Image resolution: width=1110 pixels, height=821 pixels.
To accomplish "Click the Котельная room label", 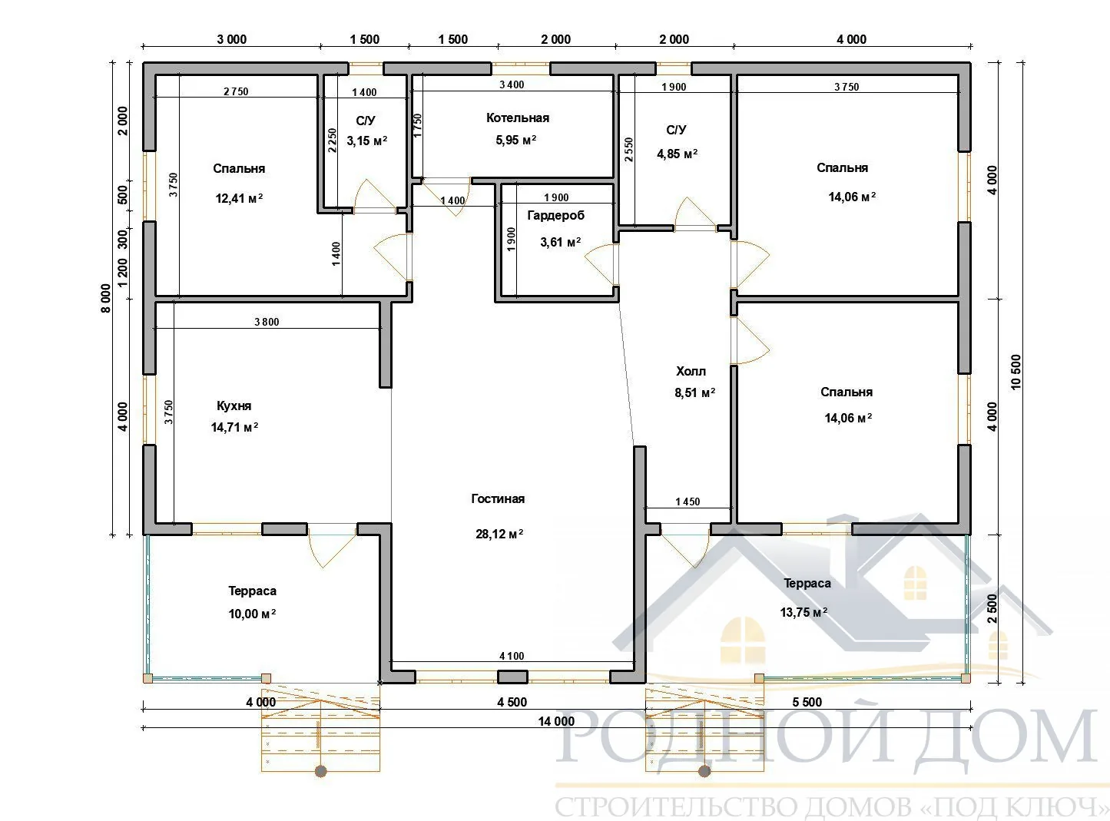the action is pyautogui.click(x=518, y=118).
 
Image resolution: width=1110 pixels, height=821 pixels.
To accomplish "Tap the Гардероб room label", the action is pyautogui.click(x=555, y=216).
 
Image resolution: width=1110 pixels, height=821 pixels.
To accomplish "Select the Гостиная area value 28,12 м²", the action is pyautogui.click(x=499, y=535).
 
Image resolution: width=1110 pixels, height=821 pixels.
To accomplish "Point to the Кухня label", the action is pyautogui.click(x=234, y=406).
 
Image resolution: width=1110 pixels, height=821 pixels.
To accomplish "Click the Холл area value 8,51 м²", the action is pyautogui.click(x=694, y=392).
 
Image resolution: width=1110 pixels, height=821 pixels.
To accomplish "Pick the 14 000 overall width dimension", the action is pyautogui.click(x=556, y=721).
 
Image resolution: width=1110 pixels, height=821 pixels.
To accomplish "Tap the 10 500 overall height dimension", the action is pyautogui.click(x=1016, y=372).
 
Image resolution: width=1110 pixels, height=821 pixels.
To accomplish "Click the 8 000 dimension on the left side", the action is pyautogui.click(x=105, y=298).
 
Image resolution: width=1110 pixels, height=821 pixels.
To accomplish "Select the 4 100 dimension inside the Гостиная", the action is pyautogui.click(x=512, y=656).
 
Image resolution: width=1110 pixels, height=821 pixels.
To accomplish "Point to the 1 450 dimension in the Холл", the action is pyautogui.click(x=687, y=502).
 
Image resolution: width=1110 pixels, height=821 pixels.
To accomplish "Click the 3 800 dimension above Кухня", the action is pyautogui.click(x=267, y=322).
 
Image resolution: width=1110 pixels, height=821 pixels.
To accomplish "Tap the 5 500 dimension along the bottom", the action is pyautogui.click(x=807, y=702).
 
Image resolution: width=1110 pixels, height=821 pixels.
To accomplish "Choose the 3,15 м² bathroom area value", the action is pyautogui.click(x=367, y=141).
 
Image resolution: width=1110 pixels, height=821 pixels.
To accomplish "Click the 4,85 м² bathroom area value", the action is pyautogui.click(x=677, y=154).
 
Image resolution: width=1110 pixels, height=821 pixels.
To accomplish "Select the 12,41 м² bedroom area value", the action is pyautogui.click(x=239, y=199).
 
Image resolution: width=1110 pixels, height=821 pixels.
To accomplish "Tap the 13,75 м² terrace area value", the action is pyautogui.click(x=804, y=612).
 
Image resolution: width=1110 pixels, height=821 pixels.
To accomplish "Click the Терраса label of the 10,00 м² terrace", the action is pyautogui.click(x=252, y=591).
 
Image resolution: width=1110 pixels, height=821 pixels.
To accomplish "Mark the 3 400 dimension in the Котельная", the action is pyautogui.click(x=512, y=84).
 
